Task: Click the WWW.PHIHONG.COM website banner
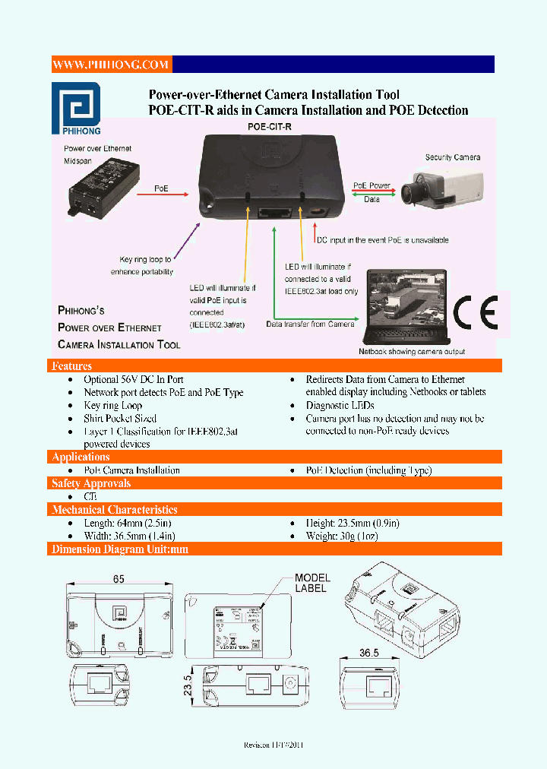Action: [x=111, y=65]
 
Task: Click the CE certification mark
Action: [x=476, y=312]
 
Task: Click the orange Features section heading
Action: [x=72, y=366]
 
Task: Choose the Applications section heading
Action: [x=81, y=457]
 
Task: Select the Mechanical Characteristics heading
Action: [x=114, y=510]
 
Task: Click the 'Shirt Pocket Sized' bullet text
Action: [x=120, y=418]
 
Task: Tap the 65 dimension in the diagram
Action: [x=119, y=579]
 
